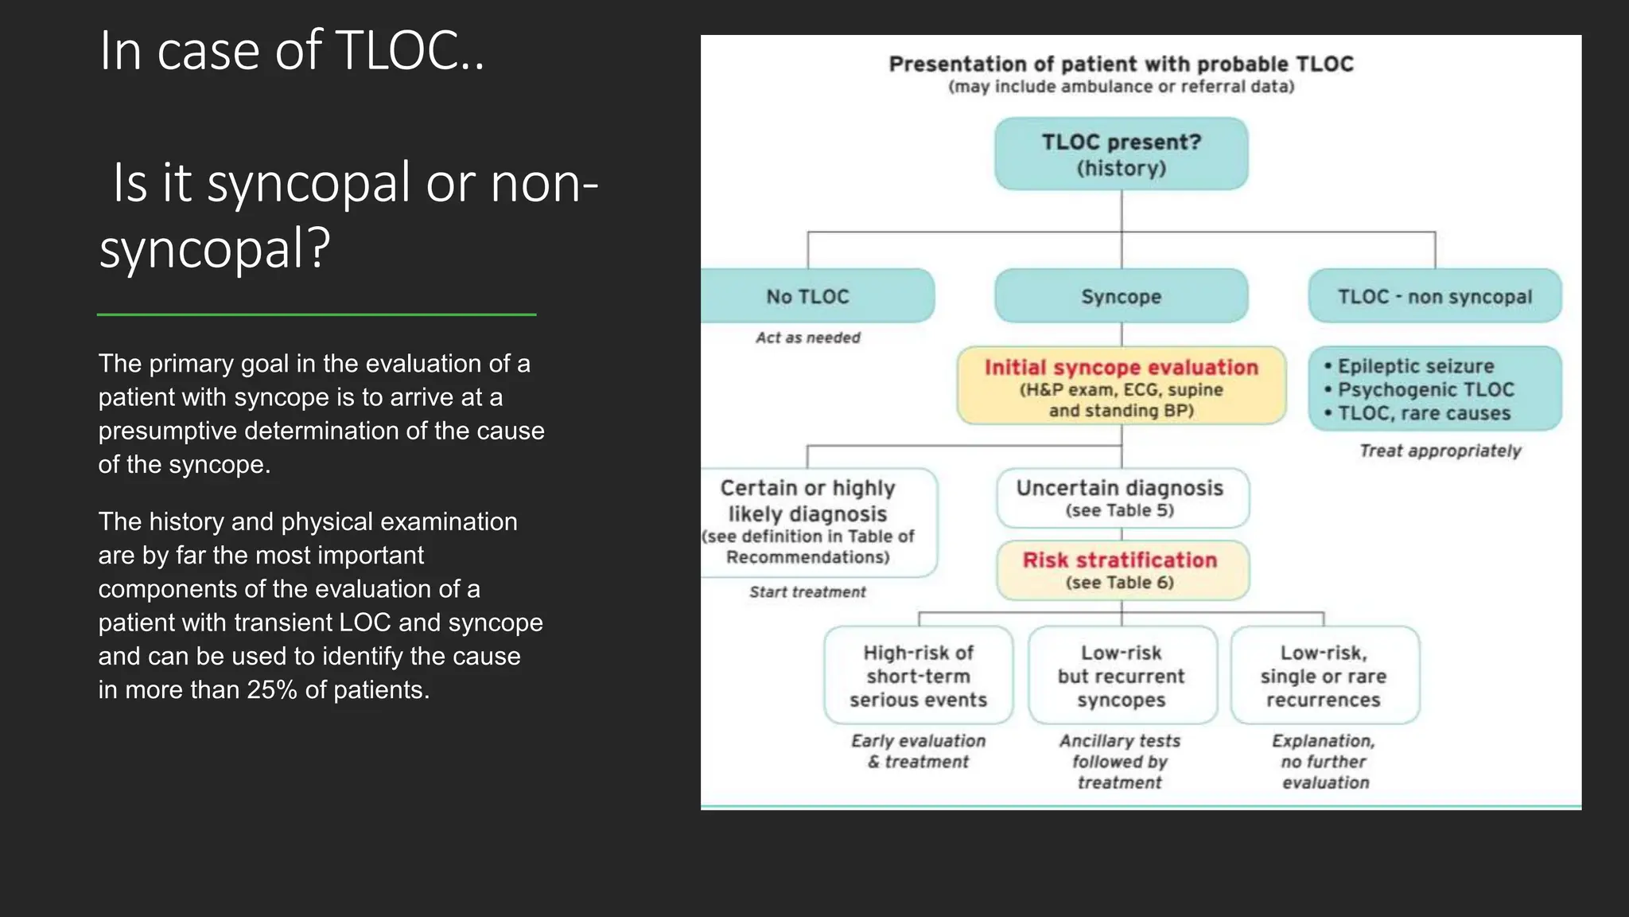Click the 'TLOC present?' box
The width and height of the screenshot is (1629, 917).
tap(1121, 154)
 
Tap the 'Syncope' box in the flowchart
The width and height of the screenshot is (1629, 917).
tap(1121, 296)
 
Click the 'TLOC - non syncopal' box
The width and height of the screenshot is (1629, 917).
tap(1434, 296)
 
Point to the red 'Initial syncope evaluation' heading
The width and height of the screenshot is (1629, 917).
tap(1121, 367)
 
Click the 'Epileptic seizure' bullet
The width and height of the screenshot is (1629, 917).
tap(1415, 366)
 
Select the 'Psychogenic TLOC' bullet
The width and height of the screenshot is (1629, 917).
tap(1425, 390)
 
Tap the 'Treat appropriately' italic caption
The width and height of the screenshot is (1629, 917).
tap(1440, 451)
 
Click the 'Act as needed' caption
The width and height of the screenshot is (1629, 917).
tap(807, 338)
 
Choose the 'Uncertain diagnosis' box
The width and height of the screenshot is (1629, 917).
tap(1122, 498)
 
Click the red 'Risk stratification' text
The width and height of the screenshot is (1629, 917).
tap(1120, 560)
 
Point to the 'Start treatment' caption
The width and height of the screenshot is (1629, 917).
tap(807, 591)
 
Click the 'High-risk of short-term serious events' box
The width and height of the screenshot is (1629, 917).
tap(918, 676)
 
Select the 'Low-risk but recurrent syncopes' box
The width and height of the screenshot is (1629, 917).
tap(1122, 676)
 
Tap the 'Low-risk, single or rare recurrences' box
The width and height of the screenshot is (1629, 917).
tap(1324, 676)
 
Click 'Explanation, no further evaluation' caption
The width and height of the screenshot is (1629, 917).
tap(1324, 762)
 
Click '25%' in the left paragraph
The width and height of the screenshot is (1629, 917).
tap(272, 690)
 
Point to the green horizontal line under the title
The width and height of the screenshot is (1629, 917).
tap(317, 314)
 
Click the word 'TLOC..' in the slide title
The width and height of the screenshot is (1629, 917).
tap(410, 51)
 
